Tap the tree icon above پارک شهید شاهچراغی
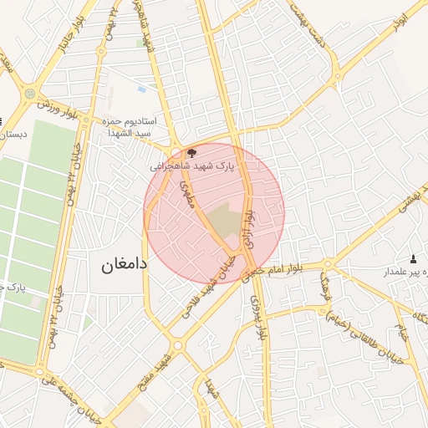click(x=191, y=153)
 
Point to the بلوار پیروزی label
click(x=259, y=318)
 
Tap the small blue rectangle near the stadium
click(x=141, y=89)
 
